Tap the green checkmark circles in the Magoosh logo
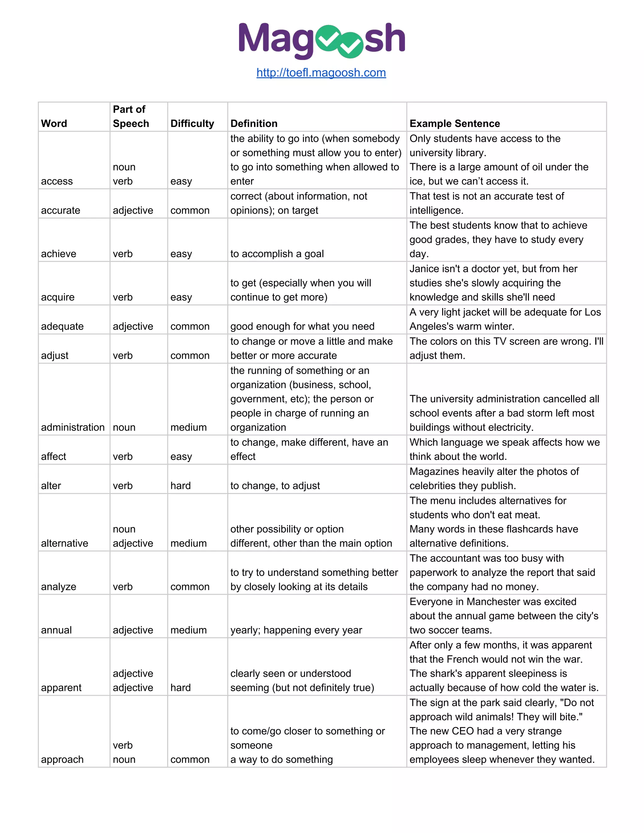[340, 41]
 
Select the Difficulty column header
[192, 124]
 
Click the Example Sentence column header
[454, 124]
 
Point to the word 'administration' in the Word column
[73, 427]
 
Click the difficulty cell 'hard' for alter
[180, 486]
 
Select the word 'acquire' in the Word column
[58, 297]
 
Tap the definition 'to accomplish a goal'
[277, 254]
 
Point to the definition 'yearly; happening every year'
[296, 630]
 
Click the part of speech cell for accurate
[133, 210]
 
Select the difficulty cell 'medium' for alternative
[188, 543]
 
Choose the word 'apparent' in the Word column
[61, 688]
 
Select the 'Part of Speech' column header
[130, 116]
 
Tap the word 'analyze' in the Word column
[58, 587]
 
